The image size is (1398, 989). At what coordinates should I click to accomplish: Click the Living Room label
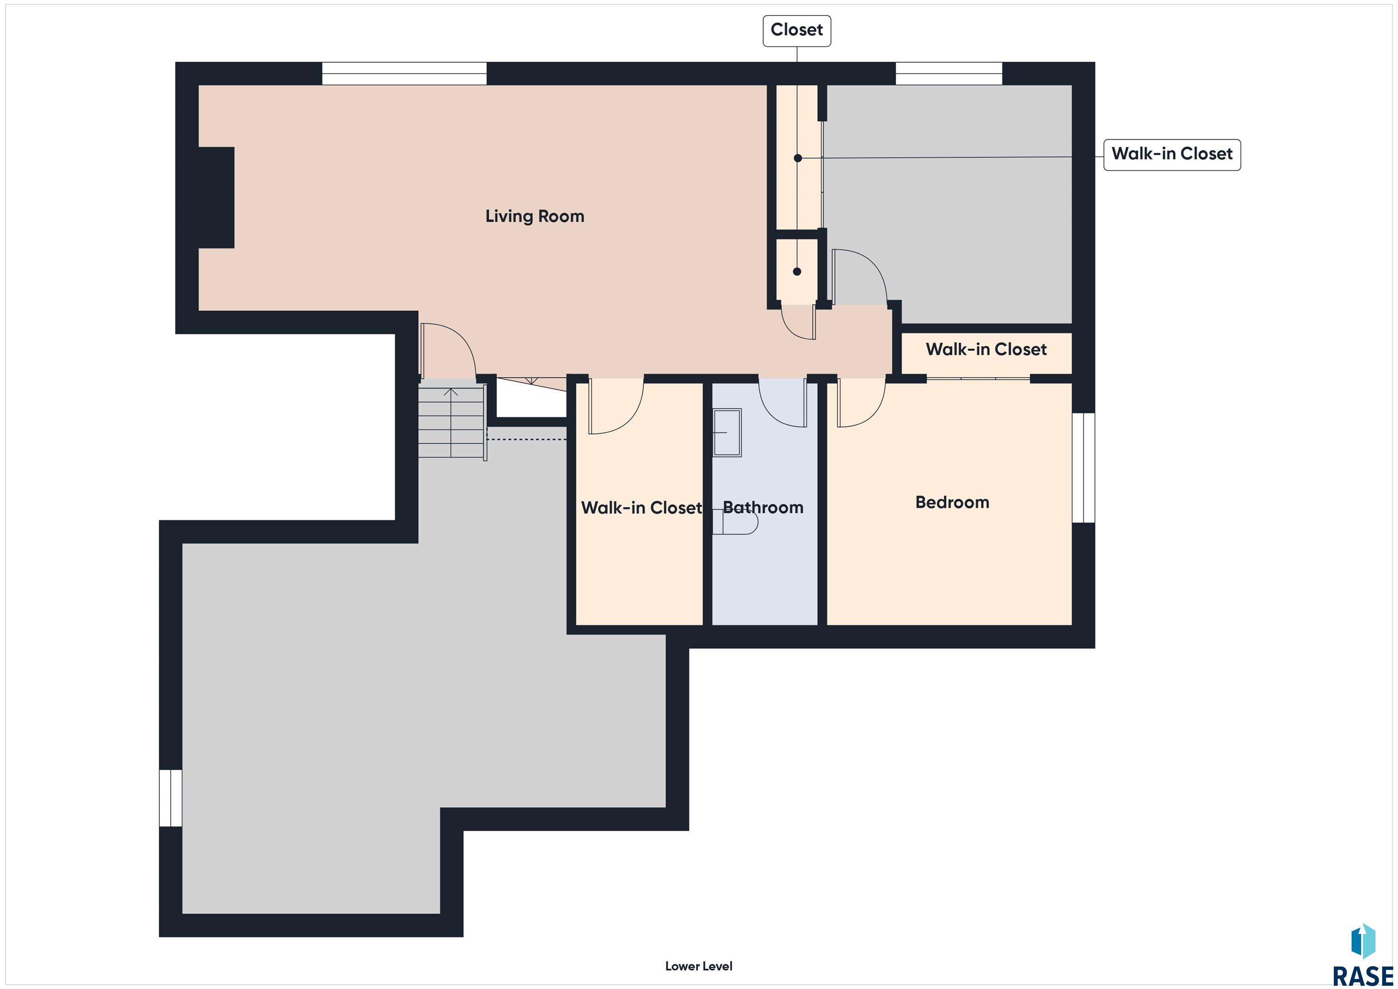click(535, 216)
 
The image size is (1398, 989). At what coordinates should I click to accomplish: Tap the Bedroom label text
click(952, 502)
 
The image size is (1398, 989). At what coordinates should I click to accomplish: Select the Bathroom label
click(763, 507)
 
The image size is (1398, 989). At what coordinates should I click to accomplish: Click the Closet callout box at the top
click(797, 31)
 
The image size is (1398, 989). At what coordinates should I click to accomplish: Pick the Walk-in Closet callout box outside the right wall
click(1172, 154)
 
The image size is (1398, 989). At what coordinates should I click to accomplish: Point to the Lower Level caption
click(699, 966)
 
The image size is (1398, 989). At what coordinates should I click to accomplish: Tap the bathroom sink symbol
click(727, 432)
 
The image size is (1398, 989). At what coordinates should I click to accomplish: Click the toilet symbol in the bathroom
click(735, 522)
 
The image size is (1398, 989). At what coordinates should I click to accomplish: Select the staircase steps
click(451, 422)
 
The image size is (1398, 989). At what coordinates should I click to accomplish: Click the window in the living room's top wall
click(404, 73)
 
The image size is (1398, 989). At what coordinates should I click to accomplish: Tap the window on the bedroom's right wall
click(1083, 468)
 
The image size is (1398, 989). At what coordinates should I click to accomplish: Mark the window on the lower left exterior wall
click(171, 798)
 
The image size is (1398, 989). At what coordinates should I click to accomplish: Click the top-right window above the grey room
click(949, 73)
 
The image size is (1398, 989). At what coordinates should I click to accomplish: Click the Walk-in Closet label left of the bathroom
click(641, 507)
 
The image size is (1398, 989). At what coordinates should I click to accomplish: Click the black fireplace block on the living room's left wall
click(216, 198)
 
